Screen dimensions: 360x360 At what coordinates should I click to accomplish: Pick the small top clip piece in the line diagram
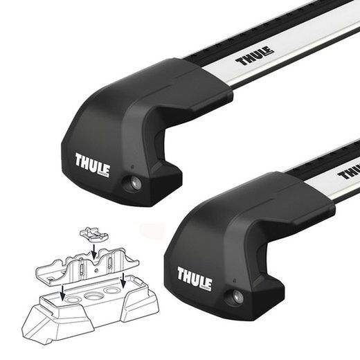pyautogui.click(x=89, y=233)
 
